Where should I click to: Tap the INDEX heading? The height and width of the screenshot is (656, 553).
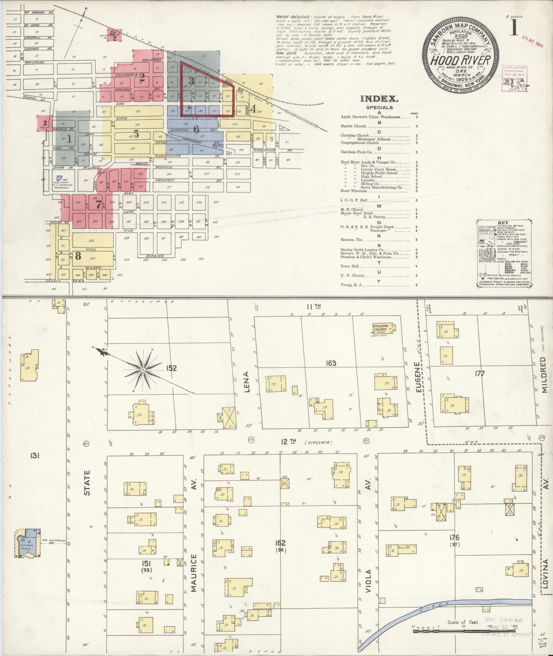tap(379, 99)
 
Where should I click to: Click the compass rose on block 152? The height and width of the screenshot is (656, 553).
tap(143, 370)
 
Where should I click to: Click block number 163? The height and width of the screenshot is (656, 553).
tap(331, 363)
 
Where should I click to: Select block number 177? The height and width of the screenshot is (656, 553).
tap(480, 373)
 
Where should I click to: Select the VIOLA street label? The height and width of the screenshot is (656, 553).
tap(369, 581)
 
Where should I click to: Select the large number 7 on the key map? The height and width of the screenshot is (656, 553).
tap(99, 205)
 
